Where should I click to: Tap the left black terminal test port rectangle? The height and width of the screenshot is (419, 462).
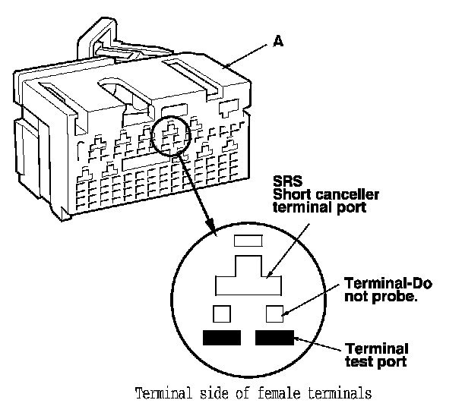(221, 338)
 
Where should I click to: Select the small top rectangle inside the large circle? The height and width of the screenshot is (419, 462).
(246, 241)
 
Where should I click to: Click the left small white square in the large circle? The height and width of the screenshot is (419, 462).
(222, 313)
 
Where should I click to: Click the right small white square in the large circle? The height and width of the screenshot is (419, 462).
(274, 313)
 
